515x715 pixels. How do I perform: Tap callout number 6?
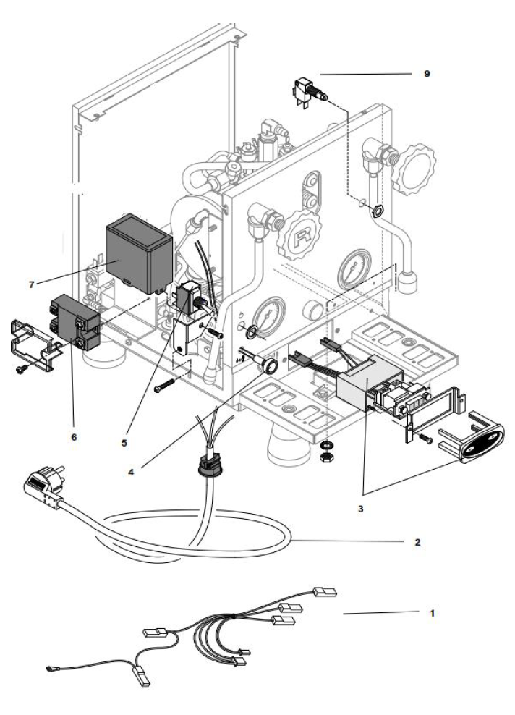[72, 436]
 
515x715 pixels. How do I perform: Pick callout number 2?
[419, 541]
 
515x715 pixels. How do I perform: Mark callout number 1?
[432, 612]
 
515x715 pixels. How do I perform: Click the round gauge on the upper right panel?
[358, 267]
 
